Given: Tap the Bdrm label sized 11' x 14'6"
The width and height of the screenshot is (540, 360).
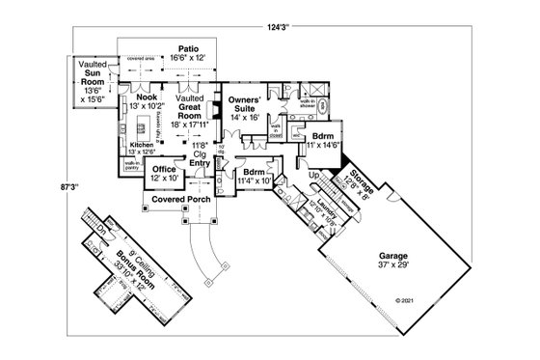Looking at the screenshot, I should [x=323, y=141].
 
